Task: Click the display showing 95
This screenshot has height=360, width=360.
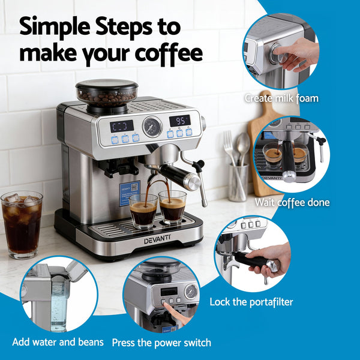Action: coord(179,121)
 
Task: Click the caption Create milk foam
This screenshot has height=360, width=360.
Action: coord(281,98)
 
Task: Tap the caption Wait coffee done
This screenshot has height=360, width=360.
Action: coord(292,202)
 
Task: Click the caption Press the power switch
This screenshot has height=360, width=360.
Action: coord(162,343)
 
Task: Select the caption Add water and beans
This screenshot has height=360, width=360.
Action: coord(58,342)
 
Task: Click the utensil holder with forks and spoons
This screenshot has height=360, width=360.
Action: coord(238,180)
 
